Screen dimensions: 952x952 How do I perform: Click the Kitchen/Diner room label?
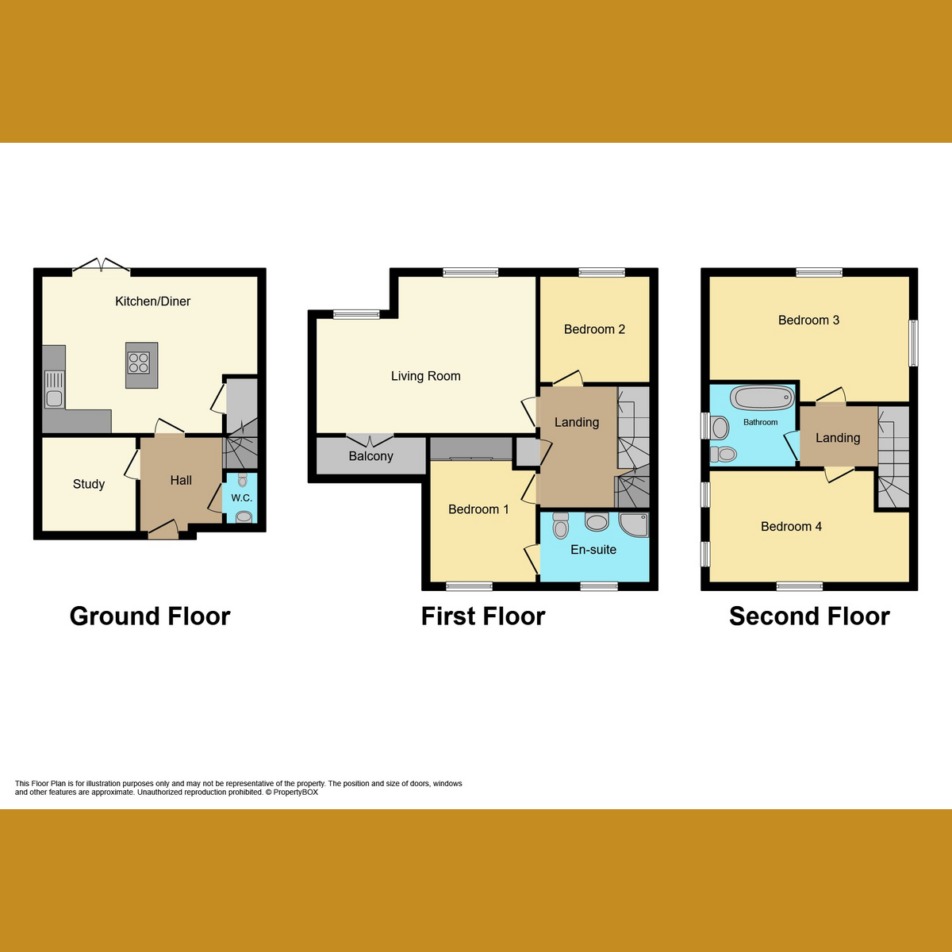pos(152,301)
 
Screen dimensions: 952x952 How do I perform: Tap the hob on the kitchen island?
pos(139,363)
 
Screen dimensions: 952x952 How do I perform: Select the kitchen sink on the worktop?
pos(54,389)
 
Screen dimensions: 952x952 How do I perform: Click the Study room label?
pos(89,484)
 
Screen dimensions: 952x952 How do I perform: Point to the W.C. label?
pos(242,498)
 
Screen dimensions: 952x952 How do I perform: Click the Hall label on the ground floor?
pos(181,480)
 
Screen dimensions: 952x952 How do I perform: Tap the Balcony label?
pos(370,456)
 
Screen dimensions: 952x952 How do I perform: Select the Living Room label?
pos(425,376)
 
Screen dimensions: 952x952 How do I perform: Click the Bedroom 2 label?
pos(594,329)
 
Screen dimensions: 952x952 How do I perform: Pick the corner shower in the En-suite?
pos(634,524)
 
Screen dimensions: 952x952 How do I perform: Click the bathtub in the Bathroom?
pos(762,397)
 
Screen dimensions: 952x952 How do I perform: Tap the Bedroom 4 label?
pos(791,527)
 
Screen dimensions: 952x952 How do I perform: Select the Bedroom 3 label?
pos(808,321)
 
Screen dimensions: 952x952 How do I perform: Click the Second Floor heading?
pos(809,616)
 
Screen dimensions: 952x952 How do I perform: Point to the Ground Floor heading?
pos(150,616)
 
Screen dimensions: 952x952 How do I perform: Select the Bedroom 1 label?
pos(478,509)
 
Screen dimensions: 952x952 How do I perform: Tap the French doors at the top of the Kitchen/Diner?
pos(101,267)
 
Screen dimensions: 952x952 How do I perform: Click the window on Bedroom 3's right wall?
pos(913,343)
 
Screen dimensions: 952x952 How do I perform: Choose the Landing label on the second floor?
pos(838,438)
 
